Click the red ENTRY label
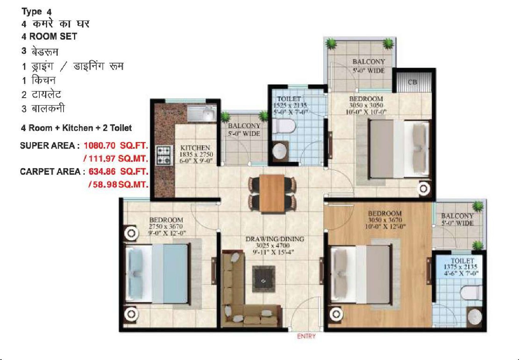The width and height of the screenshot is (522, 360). [306, 336]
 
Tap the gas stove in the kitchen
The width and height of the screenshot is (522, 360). [164, 155]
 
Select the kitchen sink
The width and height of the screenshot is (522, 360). [202, 113]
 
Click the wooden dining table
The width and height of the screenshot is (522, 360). [272, 193]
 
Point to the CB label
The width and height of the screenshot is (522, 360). [412, 82]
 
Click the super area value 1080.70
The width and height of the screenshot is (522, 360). [99, 146]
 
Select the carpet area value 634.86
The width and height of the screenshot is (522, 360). [102, 172]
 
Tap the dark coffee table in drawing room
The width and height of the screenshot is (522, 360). [264, 279]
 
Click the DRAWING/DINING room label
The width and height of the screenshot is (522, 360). [275, 239]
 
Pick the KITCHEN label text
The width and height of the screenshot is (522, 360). [195, 148]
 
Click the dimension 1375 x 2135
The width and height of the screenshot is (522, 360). [460, 267]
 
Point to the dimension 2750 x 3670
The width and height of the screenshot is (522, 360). [166, 226]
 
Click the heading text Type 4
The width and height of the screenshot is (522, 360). [36, 12]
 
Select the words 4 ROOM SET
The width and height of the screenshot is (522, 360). [49, 36]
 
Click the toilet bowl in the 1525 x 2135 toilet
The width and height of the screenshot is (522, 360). [284, 126]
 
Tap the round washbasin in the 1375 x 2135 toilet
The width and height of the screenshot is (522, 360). [475, 316]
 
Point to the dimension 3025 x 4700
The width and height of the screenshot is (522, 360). [273, 245]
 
